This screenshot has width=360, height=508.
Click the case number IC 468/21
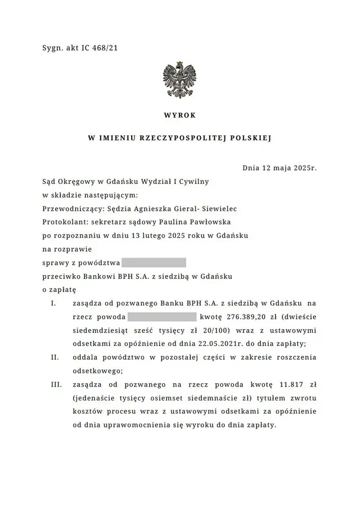[100, 48]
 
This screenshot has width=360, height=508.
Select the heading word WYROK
[180, 115]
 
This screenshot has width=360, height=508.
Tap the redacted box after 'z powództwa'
[154, 262]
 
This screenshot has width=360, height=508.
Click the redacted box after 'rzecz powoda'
[161, 317]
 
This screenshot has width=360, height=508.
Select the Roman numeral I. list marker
[53, 303]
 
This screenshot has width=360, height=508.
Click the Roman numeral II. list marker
[55, 358]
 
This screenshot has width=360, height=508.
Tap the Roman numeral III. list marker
[56, 385]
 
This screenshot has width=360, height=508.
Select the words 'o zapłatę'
[59, 290]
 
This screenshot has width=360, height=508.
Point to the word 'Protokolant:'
[65, 221]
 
